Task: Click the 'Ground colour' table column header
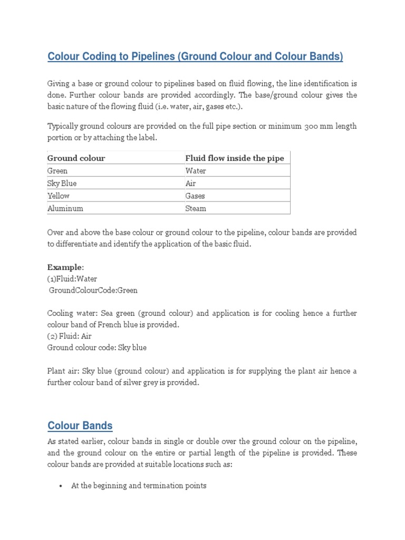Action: (x=76, y=158)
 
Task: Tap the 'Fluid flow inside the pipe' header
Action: (x=234, y=158)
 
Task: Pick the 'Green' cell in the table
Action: (x=57, y=171)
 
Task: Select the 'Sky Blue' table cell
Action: (x=62, y=184)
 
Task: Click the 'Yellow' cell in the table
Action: (x=59, y=196)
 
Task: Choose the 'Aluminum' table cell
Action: (x=65, y=208)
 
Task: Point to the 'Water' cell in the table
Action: (x=196, y=171)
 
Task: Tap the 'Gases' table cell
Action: (x=195, y=196)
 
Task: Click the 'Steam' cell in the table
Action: (x=196, y=208)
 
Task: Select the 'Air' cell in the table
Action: (x=190, y=184)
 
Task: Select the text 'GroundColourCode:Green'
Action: (x=93, y=290)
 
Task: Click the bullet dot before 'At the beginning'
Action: (x=62, y=486)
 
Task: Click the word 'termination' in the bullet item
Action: (x=163, y=486)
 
